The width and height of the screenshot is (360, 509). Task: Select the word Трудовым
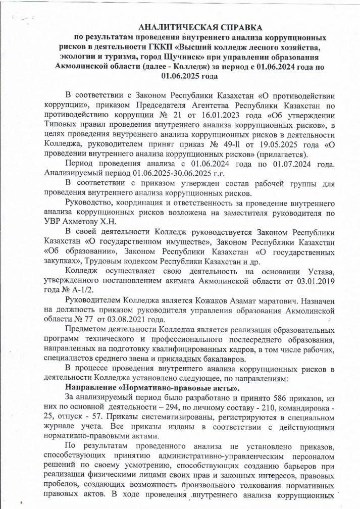(x=108, y=262)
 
